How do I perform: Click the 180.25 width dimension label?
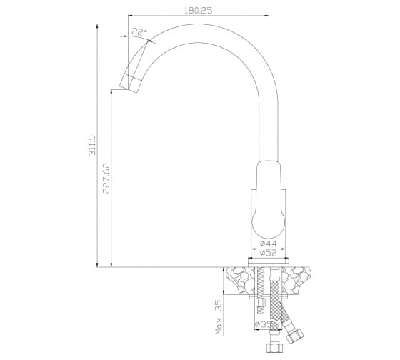tap(199, 11)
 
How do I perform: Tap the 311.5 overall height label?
tap(92, 145)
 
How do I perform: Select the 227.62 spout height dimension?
tap(106, 178)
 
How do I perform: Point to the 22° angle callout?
tap(139, 31)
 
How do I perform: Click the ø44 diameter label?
tap(269, 243)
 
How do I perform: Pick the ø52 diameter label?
tap(269, 253)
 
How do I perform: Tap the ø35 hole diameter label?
tap(263, 324)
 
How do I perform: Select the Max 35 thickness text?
tap(219, 317)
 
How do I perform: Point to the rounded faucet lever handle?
tap(269, 199)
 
